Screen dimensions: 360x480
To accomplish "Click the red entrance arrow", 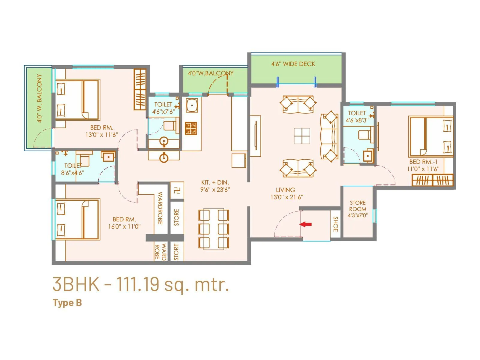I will (x=306, y=224).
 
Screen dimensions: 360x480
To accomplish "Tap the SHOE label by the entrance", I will (x=336, y=224).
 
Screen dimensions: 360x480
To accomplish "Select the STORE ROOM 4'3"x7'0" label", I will (x=358, y=209).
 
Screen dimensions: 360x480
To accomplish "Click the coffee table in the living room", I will (x=302, y=136).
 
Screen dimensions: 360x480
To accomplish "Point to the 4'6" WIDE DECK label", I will (x=293, y=64).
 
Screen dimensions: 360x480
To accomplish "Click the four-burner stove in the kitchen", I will (x=191, y=128).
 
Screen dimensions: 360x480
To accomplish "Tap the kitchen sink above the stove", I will (x=192, y=105).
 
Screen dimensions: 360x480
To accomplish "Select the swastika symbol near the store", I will (x=177, y=190).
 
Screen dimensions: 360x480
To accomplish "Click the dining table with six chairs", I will (x=214, y=229).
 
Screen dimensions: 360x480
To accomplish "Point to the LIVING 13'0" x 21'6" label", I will (x=286, y=193).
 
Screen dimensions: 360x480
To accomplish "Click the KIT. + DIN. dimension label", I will (x=215, y=186).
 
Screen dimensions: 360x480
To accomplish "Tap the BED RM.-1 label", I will (x=423, y=165).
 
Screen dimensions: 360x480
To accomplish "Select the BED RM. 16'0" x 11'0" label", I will (x=124, y=223).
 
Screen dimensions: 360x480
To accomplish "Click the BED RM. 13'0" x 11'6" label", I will (x=102, y=131).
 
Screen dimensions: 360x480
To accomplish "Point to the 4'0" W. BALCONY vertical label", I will (x=39, y=98).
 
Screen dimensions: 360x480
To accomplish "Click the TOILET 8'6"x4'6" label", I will (x=73, y=169).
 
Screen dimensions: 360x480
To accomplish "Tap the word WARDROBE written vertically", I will (x=160, y=208).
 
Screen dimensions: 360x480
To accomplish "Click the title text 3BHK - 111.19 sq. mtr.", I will (x=141, y=284).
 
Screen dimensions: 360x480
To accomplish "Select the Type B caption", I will (x=67, y=303).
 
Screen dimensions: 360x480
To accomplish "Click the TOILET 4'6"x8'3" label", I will (x=357, y=117).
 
